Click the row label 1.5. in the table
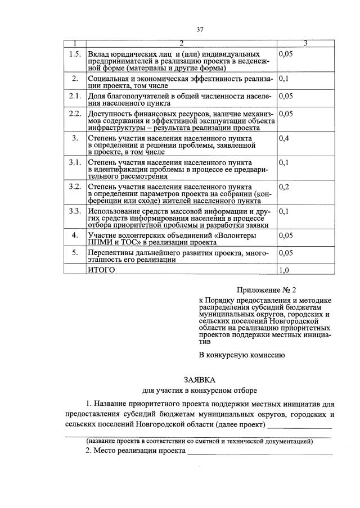point(75,54)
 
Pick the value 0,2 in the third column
point(284,187)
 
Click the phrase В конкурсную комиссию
point(242,355)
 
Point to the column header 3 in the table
point(305,43)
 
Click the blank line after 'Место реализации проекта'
point(260,452)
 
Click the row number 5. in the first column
point(75,253)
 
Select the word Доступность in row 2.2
point(112,114)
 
